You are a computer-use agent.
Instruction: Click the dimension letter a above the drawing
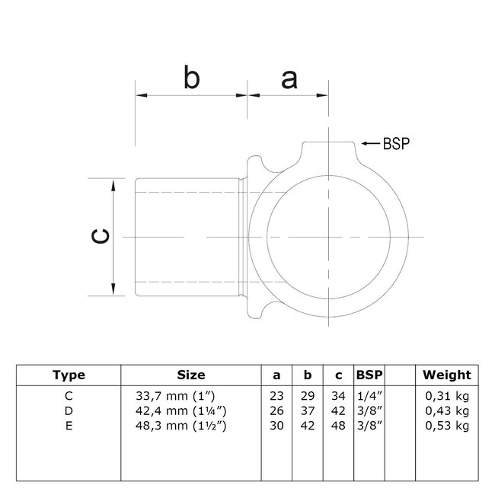(289, 78)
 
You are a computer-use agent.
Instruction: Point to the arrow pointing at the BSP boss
(371, 142)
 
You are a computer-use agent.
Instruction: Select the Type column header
(69, 375)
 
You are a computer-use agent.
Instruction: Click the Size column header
(190, 375)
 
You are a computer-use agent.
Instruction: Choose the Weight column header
(447, 375)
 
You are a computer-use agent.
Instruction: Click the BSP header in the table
(369, 375)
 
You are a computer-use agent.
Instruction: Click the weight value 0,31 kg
(447, 395)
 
